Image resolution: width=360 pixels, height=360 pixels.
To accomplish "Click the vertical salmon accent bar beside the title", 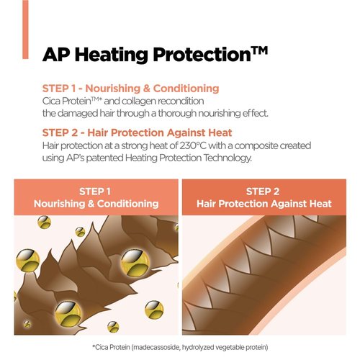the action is pos(25,30).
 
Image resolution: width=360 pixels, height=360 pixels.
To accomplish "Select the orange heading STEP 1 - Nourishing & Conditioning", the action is pos(130,89).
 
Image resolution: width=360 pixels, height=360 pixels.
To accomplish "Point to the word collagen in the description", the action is pos(138,102).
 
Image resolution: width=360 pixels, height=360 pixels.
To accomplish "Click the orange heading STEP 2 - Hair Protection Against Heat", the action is pos(137,132).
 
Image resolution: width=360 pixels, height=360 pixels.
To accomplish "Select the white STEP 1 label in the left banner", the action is pos(95,192).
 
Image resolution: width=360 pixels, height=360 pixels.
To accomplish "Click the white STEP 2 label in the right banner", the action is pos(263,192).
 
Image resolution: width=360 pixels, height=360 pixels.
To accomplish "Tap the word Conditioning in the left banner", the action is pos(127,204).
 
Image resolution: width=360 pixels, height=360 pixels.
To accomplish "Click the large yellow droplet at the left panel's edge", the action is pos(27,261).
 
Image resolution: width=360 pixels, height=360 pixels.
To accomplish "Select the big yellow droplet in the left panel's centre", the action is pos(135,262).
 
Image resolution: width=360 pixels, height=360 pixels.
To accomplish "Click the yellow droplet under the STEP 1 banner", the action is pos(44,222).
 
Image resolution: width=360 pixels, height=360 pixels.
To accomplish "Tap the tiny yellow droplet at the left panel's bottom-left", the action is pos(27,324).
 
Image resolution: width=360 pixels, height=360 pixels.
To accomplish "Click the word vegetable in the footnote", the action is pos(230,348).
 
